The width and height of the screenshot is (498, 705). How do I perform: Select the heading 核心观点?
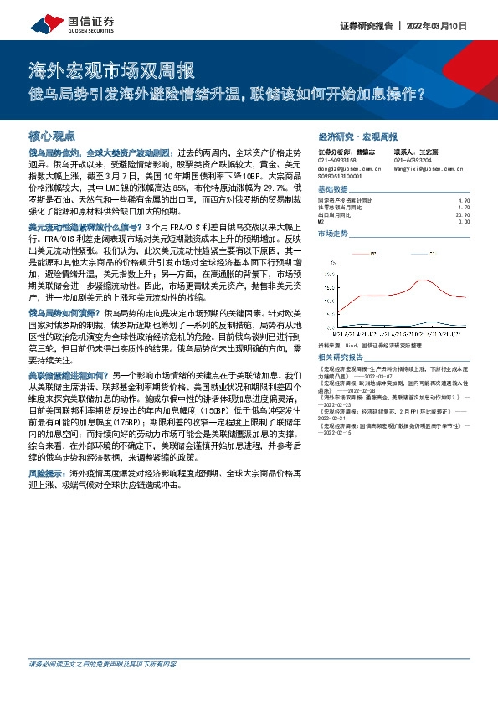52,135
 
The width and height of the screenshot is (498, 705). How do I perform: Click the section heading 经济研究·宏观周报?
358,136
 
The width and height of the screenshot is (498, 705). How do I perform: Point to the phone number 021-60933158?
336,159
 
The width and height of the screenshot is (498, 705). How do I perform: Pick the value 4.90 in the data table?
465,201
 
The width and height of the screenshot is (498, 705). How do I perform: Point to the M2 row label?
322,221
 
